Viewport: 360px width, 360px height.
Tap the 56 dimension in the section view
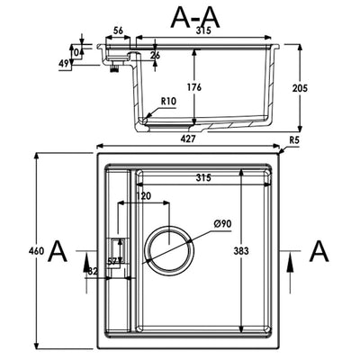(x=118, y=30)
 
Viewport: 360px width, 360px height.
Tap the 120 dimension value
(x=142, y=195)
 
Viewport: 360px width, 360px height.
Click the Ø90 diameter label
(x=222, y=222)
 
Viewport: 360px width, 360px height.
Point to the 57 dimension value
(x=112, y=261)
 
